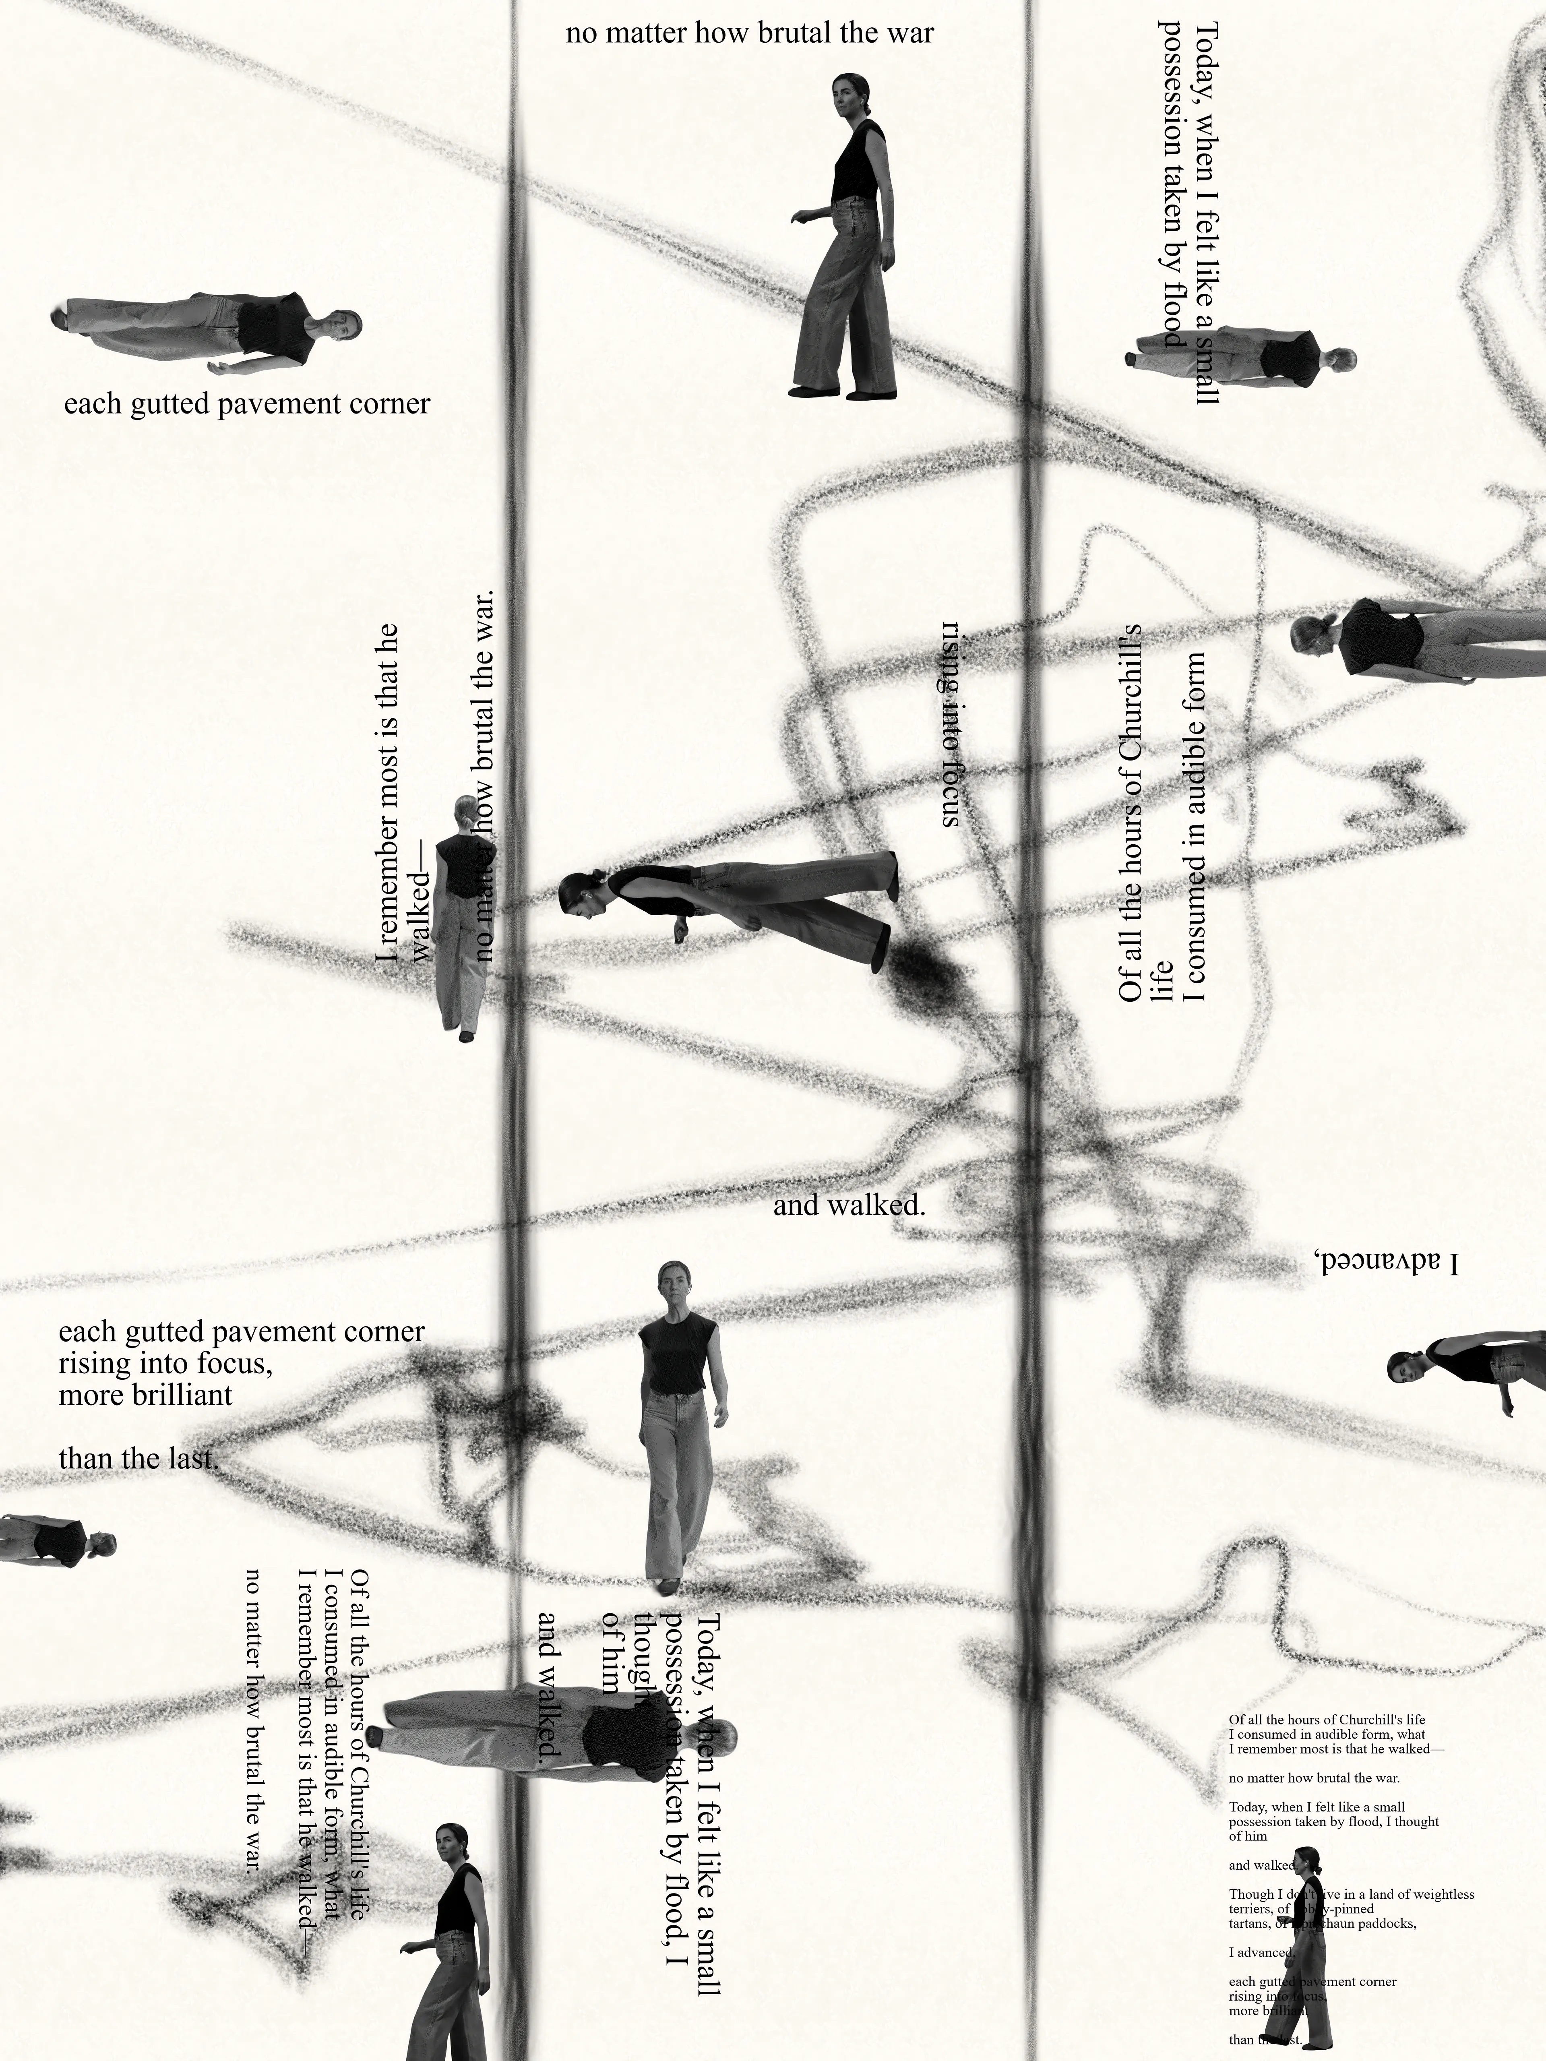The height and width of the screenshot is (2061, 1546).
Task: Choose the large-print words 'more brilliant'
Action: (x=145, y=1395)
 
